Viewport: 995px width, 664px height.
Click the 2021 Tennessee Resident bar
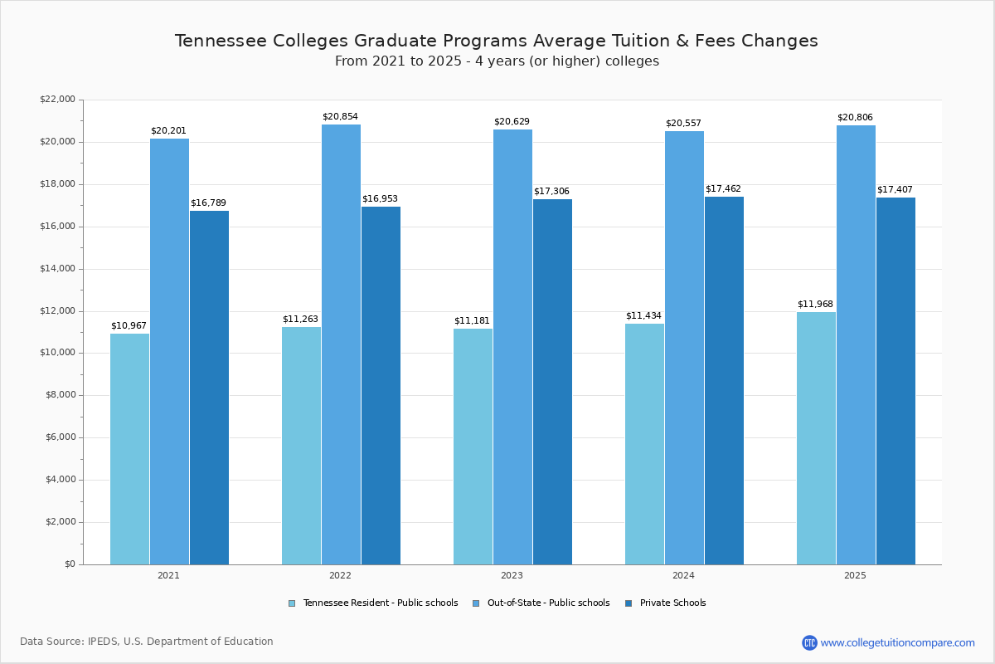tap(129, 449)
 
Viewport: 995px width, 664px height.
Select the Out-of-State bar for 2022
tap(341, 344)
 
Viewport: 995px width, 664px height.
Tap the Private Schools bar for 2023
tap(552, 382)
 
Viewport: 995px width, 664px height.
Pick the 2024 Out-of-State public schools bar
tap(684, 348)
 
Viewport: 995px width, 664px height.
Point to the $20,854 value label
tap(340, 117)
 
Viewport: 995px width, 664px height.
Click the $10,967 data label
tap(129, 326)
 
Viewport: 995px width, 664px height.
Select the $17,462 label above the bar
tap(723, 189)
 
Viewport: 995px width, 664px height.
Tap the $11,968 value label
tap(815, 305)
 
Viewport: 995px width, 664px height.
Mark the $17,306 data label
tap(551, 192)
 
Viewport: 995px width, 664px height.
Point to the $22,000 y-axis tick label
tap(57, 100)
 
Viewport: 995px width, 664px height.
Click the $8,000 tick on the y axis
tap(60, 395)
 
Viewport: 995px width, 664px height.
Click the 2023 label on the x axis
tap(512, 575)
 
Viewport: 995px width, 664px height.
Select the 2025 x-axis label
tap(855, 575)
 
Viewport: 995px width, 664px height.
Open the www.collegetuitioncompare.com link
tap(897, 642)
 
